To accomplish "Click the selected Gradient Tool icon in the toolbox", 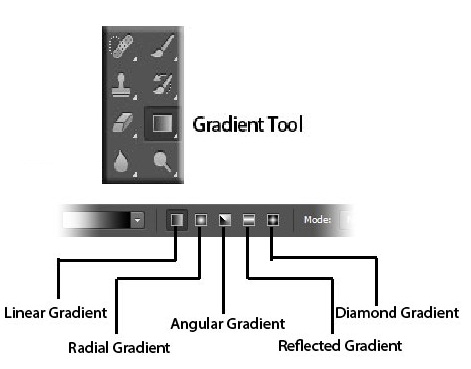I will pos(160,125).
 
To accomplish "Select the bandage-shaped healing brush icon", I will pos(121,47).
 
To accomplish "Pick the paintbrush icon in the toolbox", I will pos(160,47).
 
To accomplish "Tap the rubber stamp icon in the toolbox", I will pos(121,86).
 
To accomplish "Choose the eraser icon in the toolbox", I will pos(121,125).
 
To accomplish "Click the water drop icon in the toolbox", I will pos(121,162).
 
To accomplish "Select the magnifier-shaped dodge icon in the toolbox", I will pos(160,162).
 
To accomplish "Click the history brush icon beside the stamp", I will pos(160,86).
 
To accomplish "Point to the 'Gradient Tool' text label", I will pos(246,126).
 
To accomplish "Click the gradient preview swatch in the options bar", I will pos(94,218).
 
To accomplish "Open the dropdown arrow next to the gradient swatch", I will pos(138,218).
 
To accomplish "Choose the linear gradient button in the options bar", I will pos(177,218).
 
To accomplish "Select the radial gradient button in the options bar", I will pos(200,218).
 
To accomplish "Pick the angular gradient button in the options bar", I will pos(225,218).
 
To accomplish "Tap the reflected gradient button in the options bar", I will pos(249,218).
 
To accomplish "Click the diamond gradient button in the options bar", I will pos(271,218).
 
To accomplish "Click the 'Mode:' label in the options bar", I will pos(317,218).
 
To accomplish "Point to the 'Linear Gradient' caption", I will pos(55,313).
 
